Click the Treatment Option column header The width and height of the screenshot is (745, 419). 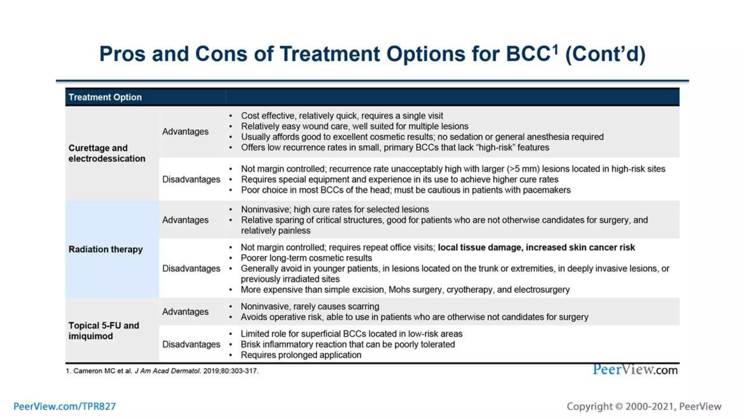[105, 97]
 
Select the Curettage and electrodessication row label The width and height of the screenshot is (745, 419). [107, 153]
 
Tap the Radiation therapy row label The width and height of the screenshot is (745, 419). [105, 249]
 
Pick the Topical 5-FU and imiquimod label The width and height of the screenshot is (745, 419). [104, 331]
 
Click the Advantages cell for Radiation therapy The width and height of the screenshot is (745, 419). [185, 220]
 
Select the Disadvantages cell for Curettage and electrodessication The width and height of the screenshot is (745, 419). [191, 179]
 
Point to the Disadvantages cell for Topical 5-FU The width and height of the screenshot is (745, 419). [191, 344]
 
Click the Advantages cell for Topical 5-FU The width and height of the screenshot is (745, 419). [185, 312]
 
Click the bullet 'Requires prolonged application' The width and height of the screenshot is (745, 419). [301, 355]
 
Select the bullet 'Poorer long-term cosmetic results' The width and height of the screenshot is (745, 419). [306, 258]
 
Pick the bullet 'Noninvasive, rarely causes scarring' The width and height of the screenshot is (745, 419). [310, 306]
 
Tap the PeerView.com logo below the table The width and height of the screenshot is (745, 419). [635, 370]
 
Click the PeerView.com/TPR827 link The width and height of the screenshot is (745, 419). [64, 406]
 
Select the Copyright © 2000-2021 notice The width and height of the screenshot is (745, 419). [644, 406]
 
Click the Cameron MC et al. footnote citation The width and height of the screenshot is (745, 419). [162, 371]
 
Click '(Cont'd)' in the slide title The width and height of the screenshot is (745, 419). [605, 54]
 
